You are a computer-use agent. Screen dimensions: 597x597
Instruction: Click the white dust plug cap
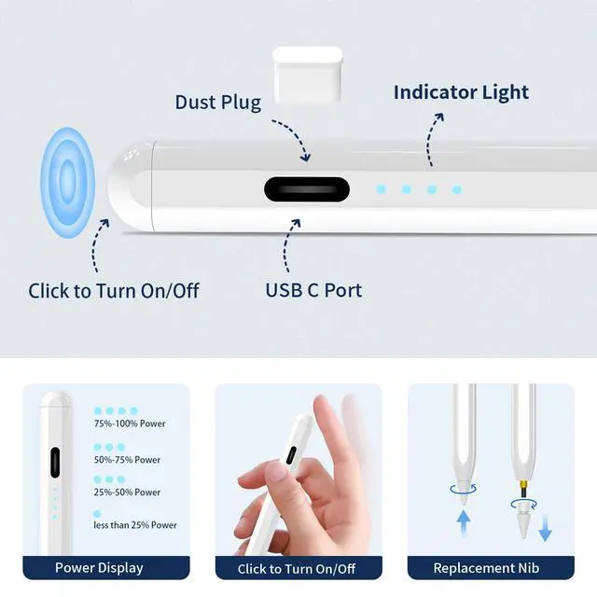coord(308,75)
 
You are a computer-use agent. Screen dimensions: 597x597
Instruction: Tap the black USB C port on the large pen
coord(307,189)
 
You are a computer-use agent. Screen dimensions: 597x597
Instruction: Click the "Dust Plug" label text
coord(217,103)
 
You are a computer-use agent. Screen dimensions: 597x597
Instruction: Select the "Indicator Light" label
coord(461,92)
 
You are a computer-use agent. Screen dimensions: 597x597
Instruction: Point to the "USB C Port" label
coord(313,290)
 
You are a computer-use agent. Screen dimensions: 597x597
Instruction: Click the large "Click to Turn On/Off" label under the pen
coord(114,291)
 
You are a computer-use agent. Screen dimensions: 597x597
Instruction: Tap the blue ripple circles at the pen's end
coord(68,183)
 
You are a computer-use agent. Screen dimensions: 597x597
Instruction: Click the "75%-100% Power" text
coord(130,423)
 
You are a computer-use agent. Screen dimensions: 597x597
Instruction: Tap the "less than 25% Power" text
coord(135,525)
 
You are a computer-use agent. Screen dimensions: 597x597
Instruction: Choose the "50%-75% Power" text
coord(127,460)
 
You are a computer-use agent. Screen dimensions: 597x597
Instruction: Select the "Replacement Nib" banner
coord(491,568)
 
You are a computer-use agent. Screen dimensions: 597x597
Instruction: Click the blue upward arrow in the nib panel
coord(464,523)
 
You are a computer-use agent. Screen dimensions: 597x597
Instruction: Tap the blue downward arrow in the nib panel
coord(545,528)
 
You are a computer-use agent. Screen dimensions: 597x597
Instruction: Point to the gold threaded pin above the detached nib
coord(524,487)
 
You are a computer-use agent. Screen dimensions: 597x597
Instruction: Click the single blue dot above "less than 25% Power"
coord(97,514)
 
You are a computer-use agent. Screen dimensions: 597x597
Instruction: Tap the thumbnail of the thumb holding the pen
coord(277,473)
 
